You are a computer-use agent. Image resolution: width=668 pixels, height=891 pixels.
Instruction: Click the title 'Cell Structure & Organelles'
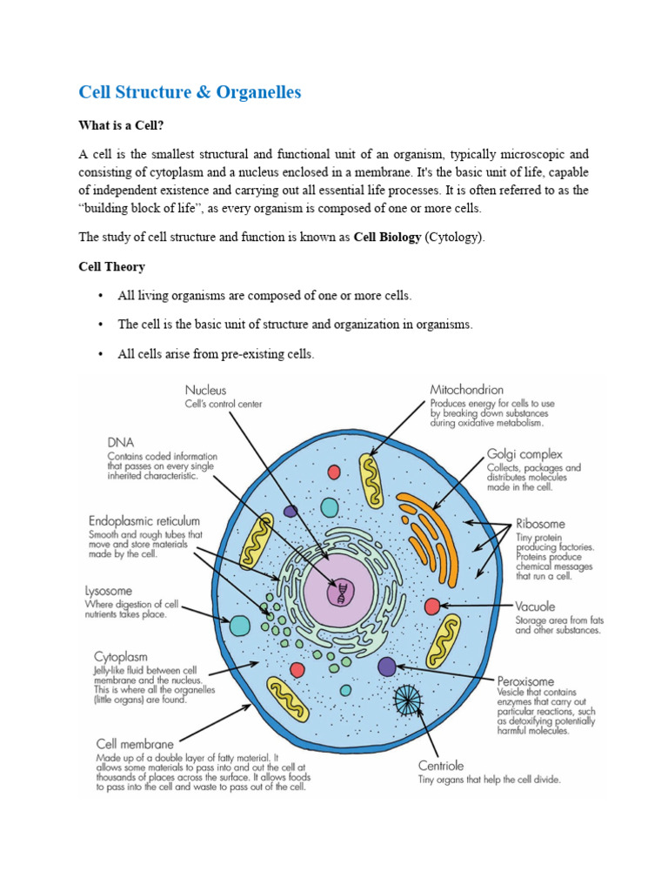pos(190,92)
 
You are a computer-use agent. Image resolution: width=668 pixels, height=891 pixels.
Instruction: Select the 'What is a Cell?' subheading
pos(121,126)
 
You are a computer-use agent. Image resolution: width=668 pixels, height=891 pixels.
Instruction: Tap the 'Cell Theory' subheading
pos(112,266)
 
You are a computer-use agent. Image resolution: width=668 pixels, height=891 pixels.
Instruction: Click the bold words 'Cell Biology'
pos(387,237)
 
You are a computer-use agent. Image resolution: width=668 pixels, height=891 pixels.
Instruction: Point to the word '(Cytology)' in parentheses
pos(452,237)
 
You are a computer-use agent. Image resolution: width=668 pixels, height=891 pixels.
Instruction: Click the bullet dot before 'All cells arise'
pos(101,354)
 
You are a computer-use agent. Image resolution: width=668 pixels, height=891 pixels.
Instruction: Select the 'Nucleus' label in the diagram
pos(205,391)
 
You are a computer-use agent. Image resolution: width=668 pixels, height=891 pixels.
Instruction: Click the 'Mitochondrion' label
pos(466,390)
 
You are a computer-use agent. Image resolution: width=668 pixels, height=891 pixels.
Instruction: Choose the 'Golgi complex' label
pos(524,453)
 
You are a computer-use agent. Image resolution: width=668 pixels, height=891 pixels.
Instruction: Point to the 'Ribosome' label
pos(540,524)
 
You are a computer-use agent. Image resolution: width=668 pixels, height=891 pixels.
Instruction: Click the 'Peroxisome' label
pos(525,680)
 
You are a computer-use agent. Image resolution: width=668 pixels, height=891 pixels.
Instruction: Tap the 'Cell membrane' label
pos(135,744)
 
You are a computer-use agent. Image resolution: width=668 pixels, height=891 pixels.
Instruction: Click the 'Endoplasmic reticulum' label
pos(144,520)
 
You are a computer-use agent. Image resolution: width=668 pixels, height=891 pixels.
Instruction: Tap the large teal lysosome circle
pos(239,625)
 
